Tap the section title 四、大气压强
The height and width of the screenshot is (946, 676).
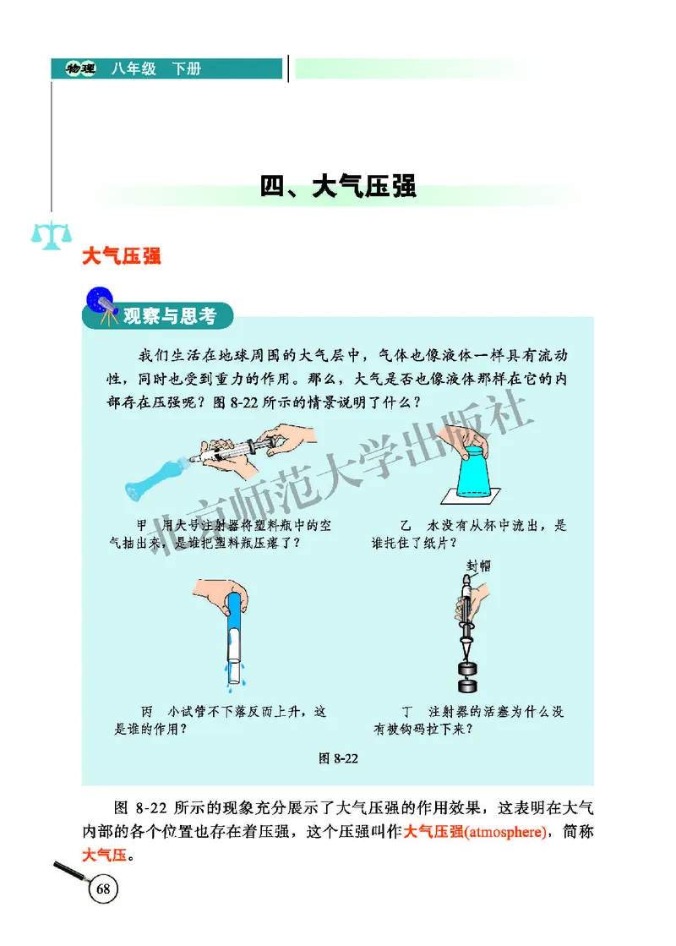(x=338, y=186)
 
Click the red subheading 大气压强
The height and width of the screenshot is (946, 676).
(x=122, y=256)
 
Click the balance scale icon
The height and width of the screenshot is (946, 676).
(x=51, y=234)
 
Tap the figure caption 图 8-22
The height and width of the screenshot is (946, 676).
(x=338, y=757)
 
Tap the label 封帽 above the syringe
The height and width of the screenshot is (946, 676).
(x=478, y=566)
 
